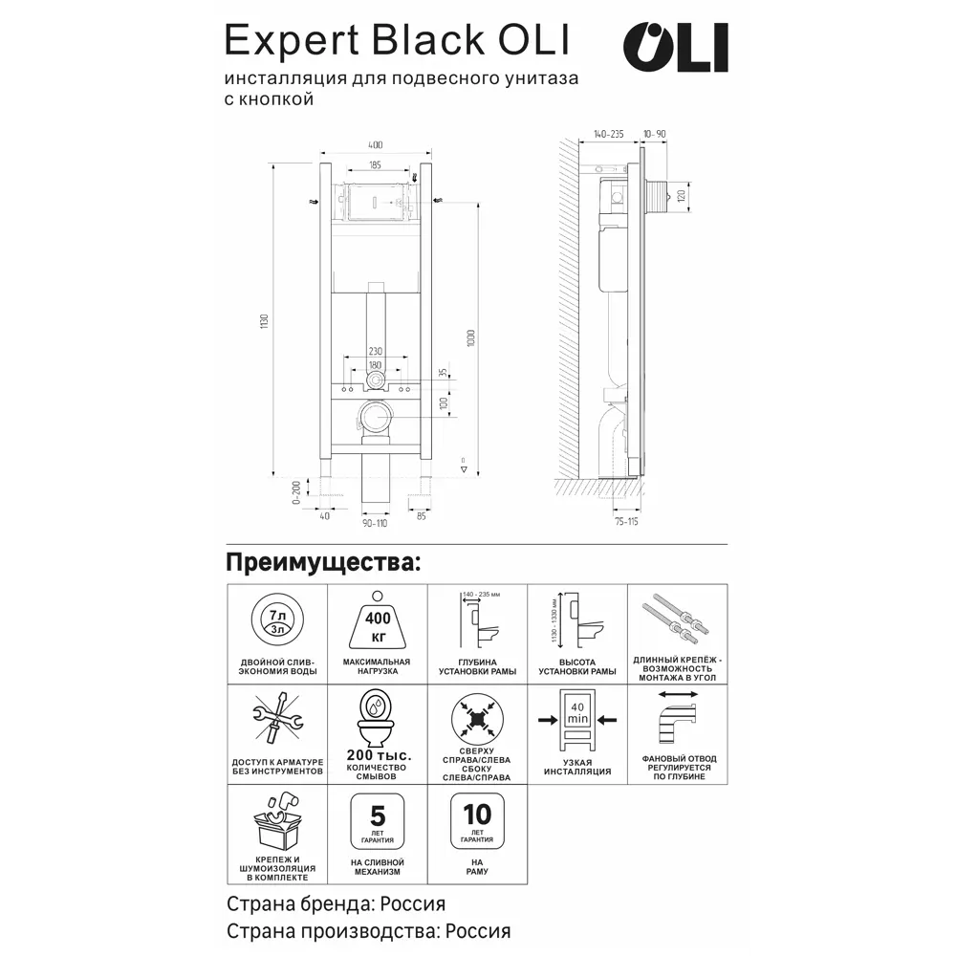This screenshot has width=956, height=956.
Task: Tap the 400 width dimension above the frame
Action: tap(375, 144)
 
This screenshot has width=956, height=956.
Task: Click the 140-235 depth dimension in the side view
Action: tap(609, 135)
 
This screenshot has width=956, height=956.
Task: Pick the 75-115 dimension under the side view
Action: tap(626, 521)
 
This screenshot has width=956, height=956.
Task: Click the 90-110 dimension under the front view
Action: tap(375, 521)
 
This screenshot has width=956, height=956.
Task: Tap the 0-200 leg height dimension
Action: tap(295, 493)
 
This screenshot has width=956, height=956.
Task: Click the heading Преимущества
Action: tap(322, 561)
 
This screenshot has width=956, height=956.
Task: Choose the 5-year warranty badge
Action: tap(376, 820)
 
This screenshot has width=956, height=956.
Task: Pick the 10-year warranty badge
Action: tap(476, 820)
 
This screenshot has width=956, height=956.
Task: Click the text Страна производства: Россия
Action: tap(368, 930)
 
